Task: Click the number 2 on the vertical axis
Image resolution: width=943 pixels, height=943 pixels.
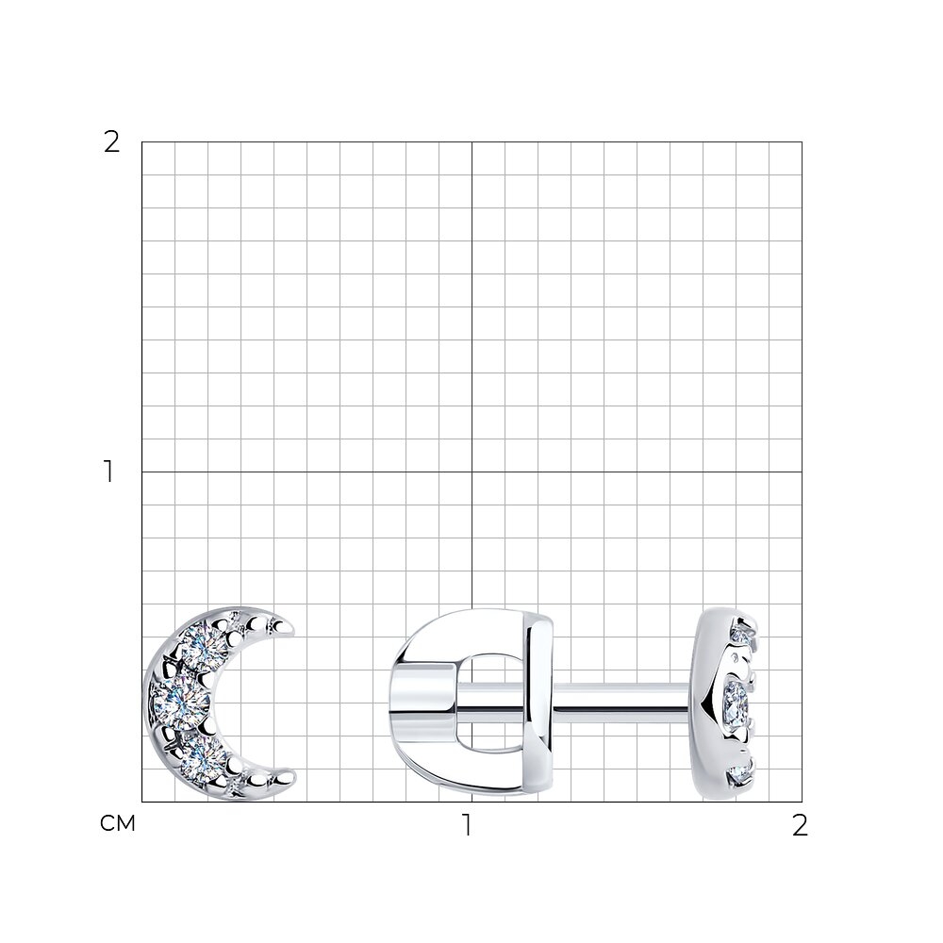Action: click(112, 142)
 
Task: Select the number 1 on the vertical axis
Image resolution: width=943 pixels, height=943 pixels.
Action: click(108, 471)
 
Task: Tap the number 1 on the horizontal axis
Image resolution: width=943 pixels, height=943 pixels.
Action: click(467, 825)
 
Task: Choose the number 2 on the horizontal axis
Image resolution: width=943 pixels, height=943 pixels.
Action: click(800, 825)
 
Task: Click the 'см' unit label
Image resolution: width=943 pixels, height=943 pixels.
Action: click(117, 823)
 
